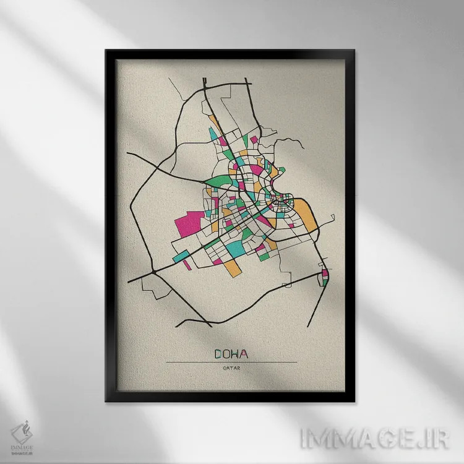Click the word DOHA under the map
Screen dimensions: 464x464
tap(231, 354)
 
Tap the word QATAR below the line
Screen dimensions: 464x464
tap(232, 369)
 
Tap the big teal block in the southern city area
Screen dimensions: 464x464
tap(236, 247)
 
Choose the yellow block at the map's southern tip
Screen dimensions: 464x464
tap(232, 267)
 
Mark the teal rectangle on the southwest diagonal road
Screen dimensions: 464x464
tap(182, 254)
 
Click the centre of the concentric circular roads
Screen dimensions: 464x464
tap(285, 199)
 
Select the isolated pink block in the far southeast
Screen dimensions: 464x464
tap(325, 273)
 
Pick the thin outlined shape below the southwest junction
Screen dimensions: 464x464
tap(152, 286)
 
